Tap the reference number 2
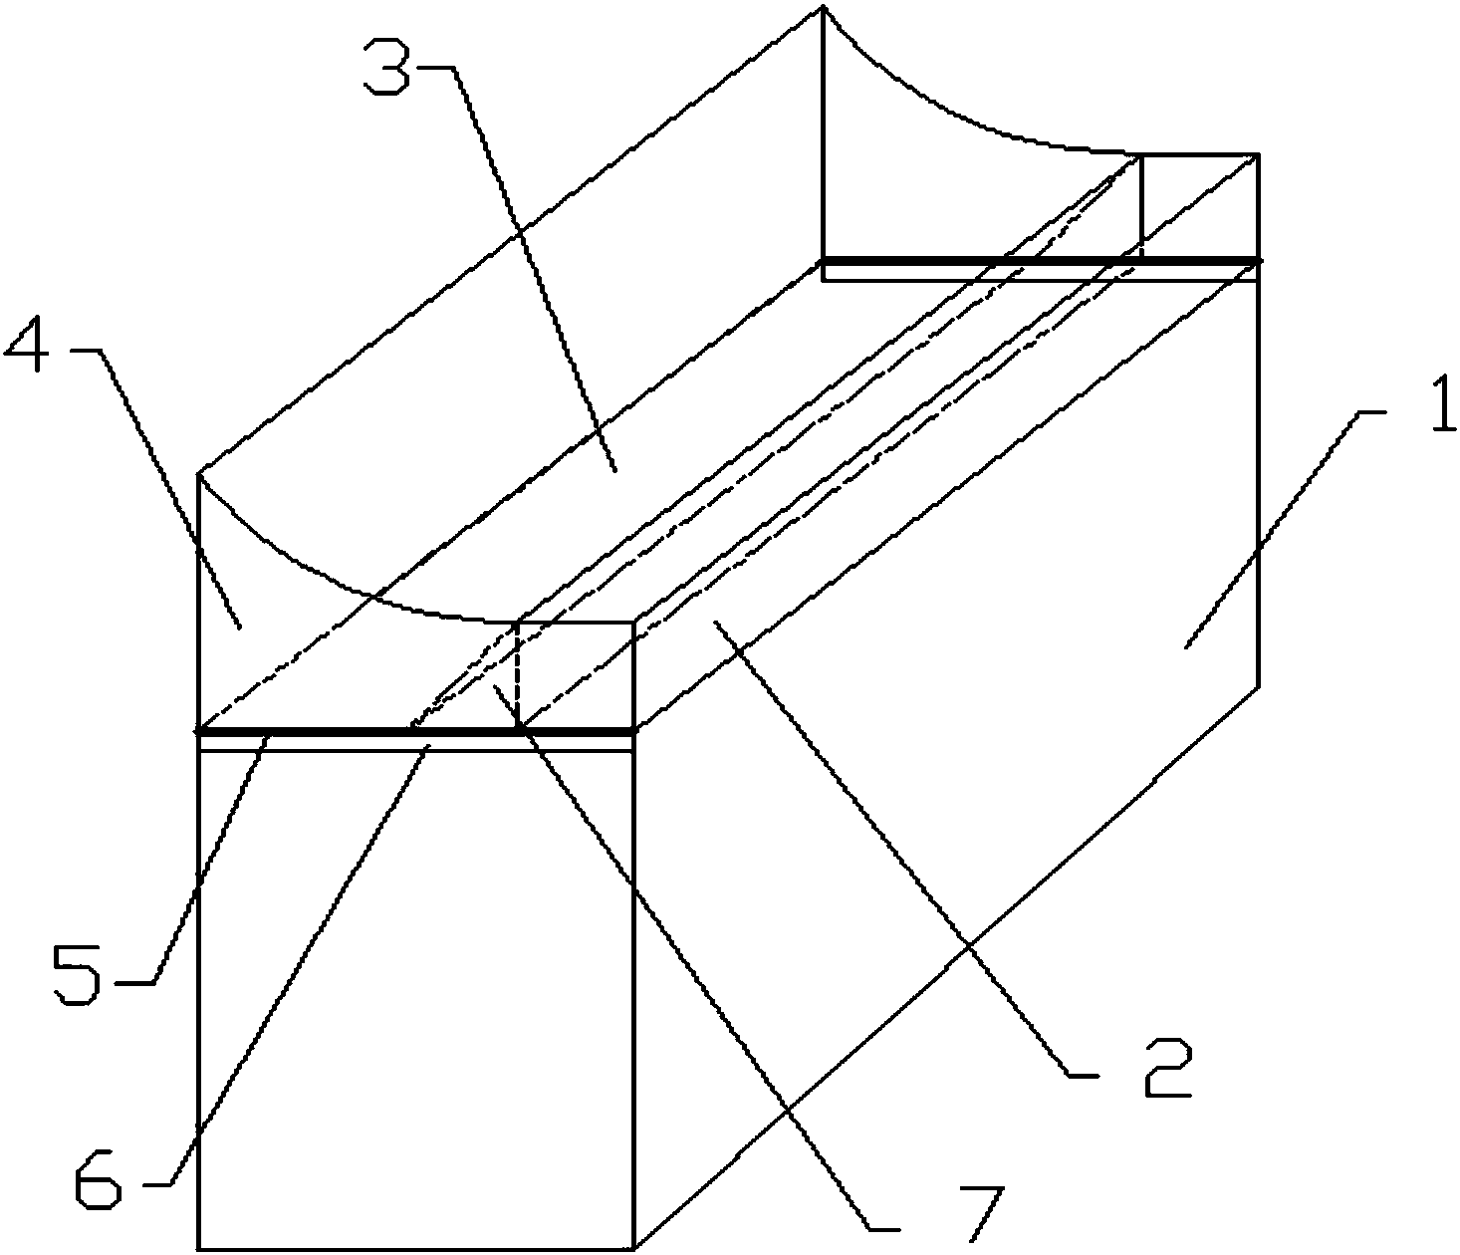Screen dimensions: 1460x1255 1166,1066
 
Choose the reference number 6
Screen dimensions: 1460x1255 99,1180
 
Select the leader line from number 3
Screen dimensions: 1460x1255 538,269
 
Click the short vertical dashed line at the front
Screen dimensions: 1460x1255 518,677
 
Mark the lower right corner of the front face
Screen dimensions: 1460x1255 634,1248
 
